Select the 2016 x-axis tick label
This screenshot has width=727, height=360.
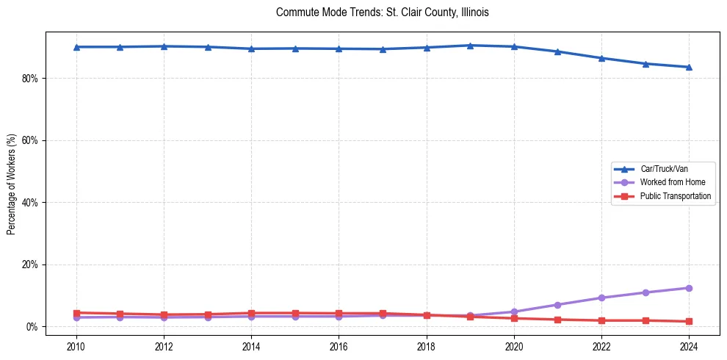(x=339, y=345)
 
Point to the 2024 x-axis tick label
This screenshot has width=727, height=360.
(x=689, y=345)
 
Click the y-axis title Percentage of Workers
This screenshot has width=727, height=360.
(x=12, y=184)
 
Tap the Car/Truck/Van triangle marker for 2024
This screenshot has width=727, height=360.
(x=689, y=67)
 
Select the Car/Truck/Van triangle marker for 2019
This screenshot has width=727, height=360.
(x=470, y=46)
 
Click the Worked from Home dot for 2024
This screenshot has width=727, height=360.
(x=689, y=288)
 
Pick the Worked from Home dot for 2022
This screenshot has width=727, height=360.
(x=601, y=298)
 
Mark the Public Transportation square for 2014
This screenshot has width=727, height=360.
(x=251, y=313)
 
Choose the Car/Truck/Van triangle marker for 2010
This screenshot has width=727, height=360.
(x=76, y=47)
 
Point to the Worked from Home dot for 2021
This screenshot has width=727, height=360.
(x=557, y=305)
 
